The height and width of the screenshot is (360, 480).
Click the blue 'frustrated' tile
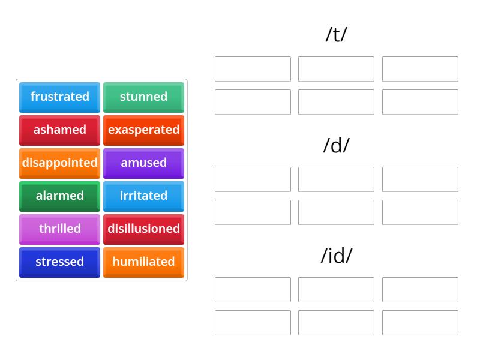[59, 97]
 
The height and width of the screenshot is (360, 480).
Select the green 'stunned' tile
[143, 97]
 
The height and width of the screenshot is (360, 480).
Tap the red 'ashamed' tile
[59, 130]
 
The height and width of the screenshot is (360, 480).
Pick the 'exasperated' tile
[143, 130]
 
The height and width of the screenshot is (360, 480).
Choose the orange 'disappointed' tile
[59, 163]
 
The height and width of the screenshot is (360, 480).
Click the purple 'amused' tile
[143, 163]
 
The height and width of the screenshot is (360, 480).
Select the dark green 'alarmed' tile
[59, 196]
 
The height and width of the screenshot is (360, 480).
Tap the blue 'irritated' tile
[143, 196]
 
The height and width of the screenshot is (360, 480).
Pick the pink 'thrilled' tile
[59, 229]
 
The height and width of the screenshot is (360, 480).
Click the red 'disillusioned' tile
[143, 229]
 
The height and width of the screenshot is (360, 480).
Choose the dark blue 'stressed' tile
[59, 262]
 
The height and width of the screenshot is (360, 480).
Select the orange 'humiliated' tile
[143, 262]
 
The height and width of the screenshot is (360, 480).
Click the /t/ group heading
[336, 35]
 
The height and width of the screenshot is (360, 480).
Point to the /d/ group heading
[336, 145]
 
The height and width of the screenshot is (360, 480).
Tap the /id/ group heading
[336, 256]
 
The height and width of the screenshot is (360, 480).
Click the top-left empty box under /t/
[253, 69]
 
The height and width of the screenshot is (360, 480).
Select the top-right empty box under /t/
[420, 69]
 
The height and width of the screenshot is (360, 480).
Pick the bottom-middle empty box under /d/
[336, 212]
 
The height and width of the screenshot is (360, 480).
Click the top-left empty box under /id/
[253, 290]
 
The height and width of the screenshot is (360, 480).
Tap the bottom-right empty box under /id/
[420, 323]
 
